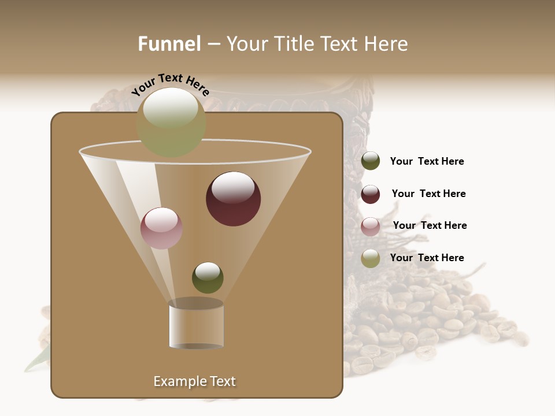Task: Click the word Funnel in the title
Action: (x=169, y=44)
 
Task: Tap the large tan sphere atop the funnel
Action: (x=171, y=122)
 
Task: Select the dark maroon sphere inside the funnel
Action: (x=233, y=199)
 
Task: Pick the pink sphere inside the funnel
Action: (x=161, y=228)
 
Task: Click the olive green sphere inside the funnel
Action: (x=208, y=277)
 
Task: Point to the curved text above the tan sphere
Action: (x=170, y=84)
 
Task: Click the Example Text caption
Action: (x=194, y=381)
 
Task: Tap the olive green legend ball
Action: (x=371, y=161)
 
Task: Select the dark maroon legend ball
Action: (x=371, y=194)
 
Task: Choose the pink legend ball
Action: (x=371, y=226)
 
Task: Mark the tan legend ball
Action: (x=371, y=258)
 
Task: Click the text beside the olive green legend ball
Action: (x=427, y=161)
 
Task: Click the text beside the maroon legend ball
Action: (x=428, y=194)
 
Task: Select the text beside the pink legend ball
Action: (x=430, y=225)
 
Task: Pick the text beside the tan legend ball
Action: (x=427, y=258)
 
